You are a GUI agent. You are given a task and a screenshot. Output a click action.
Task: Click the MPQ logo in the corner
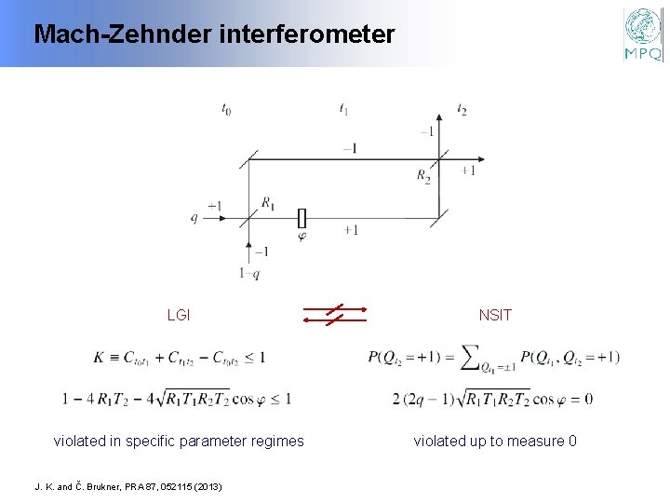click(x=643, y=34)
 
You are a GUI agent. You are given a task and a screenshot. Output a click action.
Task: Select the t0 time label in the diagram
click(x=226, y=110)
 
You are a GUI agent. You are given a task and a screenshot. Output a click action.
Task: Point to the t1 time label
click(x=343, y=110)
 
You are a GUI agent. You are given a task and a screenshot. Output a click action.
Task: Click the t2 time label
click(x=462, y=110)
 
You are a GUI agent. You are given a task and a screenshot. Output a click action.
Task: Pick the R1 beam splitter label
click(x=268, y=202)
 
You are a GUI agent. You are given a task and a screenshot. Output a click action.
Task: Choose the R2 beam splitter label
click(x=423, y=175)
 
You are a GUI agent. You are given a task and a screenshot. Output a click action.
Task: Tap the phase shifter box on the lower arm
click(x=301, y=218)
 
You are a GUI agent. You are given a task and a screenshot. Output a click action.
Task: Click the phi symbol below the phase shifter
click(x=301, y=237)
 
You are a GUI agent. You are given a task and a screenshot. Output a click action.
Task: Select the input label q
click(x=194, y=218)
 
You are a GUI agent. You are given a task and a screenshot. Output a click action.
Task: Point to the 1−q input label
click(x=249, y=274)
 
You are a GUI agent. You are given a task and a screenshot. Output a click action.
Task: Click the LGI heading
click(x=179, y=315)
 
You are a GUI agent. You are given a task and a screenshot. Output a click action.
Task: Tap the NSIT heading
click(x=495, y=315)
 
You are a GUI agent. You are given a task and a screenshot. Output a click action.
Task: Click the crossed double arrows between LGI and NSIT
click(x=335, y=314)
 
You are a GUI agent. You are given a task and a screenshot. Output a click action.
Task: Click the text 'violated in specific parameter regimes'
click(x=179, y=441)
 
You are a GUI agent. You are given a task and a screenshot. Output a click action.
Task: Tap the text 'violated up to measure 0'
click(x=495, y=441)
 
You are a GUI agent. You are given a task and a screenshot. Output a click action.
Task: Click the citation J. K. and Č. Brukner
click(x=128, y=485)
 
